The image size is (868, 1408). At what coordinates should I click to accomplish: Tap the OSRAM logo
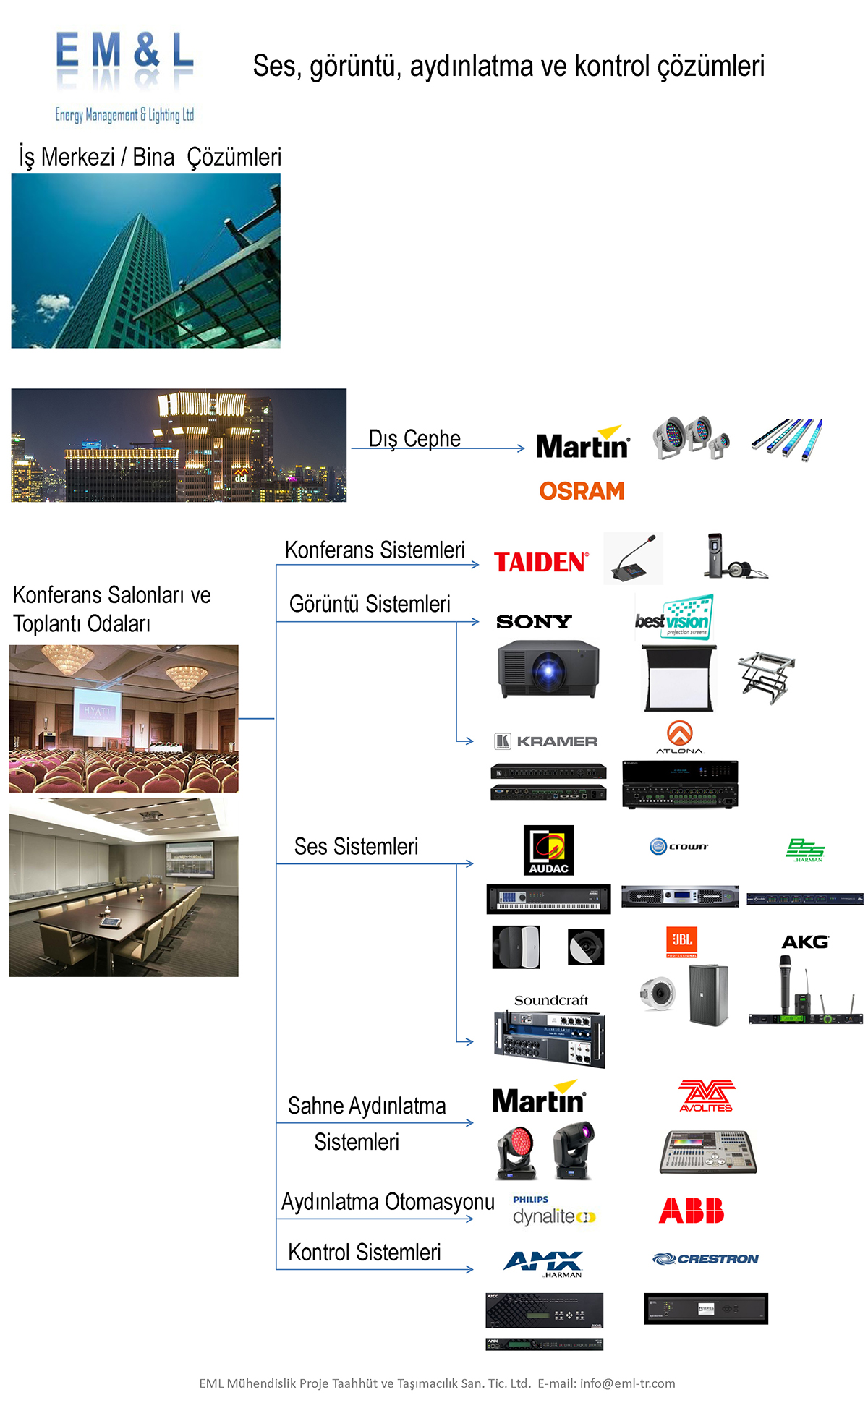click(x=582, y=491)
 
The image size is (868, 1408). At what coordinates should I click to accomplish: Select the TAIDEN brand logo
click(x=541, y=562)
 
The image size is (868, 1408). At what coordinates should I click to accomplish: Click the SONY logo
click(x=534, y=622)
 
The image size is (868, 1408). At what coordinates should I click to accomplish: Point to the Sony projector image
click(x=548, y=668)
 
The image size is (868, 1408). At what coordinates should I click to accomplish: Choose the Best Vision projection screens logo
click(x=674, y=617)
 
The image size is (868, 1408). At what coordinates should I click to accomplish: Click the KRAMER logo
click(x=546, y=741)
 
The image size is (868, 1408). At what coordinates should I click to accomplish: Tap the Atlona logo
click(x=679, y=737)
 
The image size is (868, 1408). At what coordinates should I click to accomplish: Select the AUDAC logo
click(x=548, y=850)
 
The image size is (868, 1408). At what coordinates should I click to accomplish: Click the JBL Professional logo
click(x=681, y=942)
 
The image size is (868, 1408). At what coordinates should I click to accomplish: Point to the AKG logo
click(x=805, y=942)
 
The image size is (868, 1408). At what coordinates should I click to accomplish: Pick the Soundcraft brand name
click(x=550, y=1000)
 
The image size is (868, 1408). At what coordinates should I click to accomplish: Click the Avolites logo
click(x=706, y=1096)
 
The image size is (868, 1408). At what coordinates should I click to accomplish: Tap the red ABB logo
click(x=691, y=1211)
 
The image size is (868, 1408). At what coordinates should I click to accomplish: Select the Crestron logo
click(x=705, y=1259)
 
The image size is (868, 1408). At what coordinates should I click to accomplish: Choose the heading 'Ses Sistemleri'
click(x=356, y=846)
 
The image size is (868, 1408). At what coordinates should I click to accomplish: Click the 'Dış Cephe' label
click(x=414, y=438)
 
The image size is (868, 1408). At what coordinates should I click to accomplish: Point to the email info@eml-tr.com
click(x=627, y=1383)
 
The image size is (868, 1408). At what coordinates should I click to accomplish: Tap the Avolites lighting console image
click(x=707, y=1150)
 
